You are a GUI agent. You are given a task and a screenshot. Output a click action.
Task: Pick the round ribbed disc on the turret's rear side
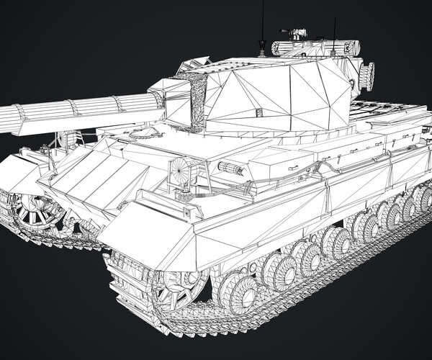click(368, 76)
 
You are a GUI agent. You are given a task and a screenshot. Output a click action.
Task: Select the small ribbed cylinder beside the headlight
click(232, 168)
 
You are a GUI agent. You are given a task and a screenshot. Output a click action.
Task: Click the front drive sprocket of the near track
click(174, 289)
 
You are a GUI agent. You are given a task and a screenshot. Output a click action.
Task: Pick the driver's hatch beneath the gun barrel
click(144, 133)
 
